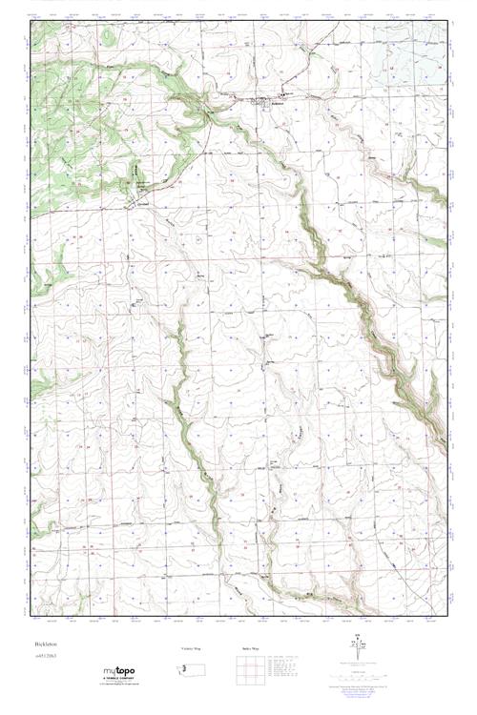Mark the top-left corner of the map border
(x=30, y=22)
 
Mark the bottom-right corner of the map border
(x=447, y=616)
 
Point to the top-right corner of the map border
(x=447, y=22)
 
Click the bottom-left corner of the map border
(x=30, y=616)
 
